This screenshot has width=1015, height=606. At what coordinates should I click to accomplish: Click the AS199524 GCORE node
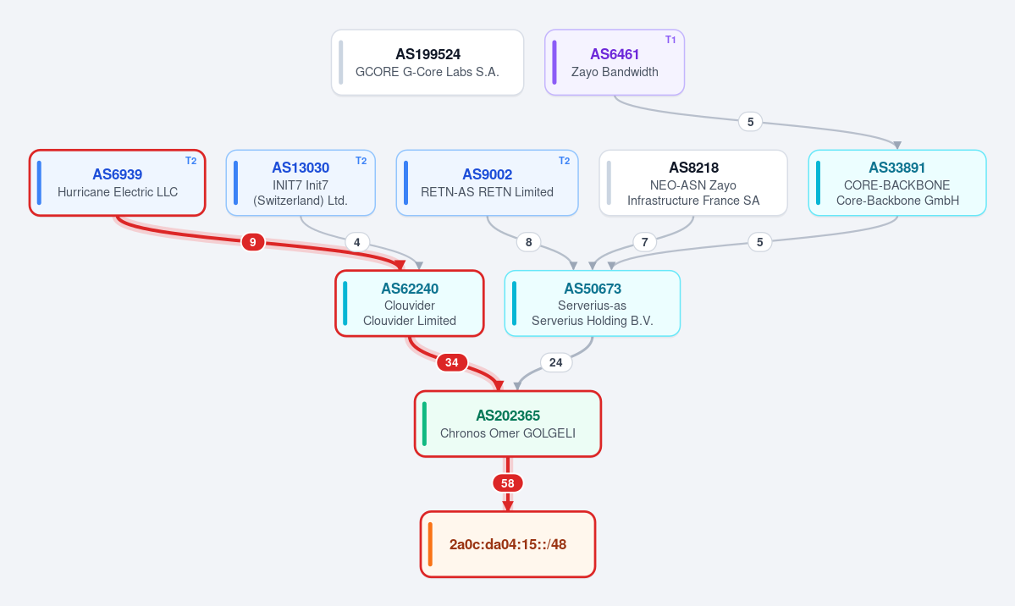(428, 62)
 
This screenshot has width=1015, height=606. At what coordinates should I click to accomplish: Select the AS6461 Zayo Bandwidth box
(615, 62)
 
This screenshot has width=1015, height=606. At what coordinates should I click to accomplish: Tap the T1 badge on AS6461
(670, 40)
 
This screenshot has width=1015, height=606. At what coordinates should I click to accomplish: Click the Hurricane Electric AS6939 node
(117, 183)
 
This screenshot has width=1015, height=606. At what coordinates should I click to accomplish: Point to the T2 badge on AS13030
(361, 161)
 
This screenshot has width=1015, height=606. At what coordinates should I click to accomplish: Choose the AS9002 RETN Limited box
(487, 183)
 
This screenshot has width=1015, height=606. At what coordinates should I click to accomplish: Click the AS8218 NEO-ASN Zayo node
(693, 183)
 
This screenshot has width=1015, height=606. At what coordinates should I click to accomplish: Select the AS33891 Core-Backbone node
(897, 183)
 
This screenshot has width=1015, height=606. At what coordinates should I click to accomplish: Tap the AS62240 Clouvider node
(410, 303)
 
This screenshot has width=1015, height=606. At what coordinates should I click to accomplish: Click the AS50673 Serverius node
(593, 303)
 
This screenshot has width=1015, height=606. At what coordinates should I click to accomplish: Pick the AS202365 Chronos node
(508, 423)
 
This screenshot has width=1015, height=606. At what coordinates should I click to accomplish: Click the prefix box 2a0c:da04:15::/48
(508, 544)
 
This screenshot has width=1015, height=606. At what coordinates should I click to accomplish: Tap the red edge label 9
(252, 242)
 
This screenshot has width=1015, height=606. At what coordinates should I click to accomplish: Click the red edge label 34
(452, 362)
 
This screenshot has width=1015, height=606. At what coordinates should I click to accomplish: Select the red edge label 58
(508, 483)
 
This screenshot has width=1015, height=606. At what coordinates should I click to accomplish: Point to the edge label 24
(556, 362)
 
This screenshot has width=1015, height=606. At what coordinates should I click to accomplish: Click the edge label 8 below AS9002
(529, 242)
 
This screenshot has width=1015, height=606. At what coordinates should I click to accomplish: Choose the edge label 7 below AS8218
(645, 242)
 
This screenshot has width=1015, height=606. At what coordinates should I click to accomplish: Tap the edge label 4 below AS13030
(356, 242)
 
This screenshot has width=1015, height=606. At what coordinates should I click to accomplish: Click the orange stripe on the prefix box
(431, 544)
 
